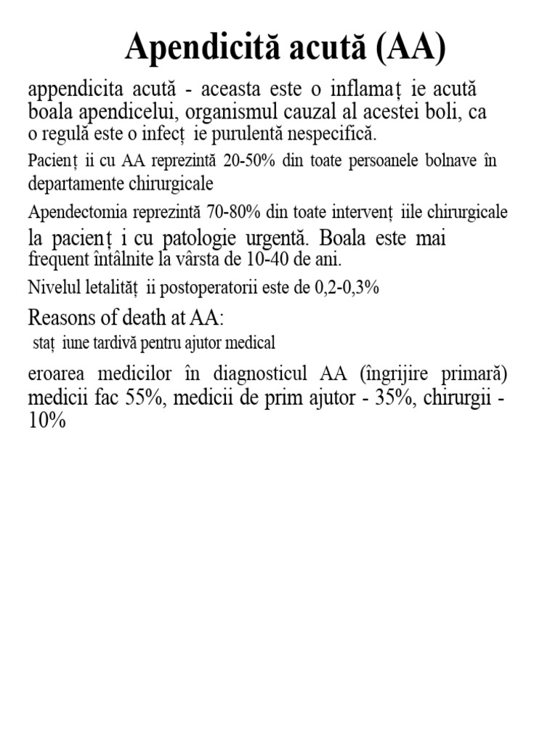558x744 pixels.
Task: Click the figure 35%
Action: point(400,398)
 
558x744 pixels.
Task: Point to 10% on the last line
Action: point(47,421)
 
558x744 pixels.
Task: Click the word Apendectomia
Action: point(77,213)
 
